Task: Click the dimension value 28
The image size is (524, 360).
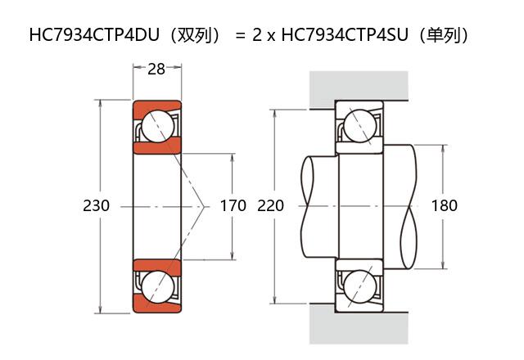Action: pos(156,70)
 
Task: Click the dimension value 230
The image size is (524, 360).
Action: pos(97,206)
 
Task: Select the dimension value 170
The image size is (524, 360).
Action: pos(233,206)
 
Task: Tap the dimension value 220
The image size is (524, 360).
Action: pos(270,206)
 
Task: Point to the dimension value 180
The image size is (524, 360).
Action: pos(444,206)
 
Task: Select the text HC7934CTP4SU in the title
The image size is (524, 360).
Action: pos(337,35)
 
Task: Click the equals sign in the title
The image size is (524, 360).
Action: pos(240,36)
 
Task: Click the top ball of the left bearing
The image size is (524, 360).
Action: pos(156,127)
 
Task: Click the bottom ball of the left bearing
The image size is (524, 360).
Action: pos(156,286)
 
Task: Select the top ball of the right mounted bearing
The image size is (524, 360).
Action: pos(359,126)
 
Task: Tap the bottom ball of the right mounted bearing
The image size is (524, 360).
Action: pos(359,287)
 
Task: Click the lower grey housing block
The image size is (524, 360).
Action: pos(359,327)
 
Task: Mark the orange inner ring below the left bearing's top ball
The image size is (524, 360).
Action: pos(156,147)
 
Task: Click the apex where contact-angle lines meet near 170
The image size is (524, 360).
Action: pos(204,206)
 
